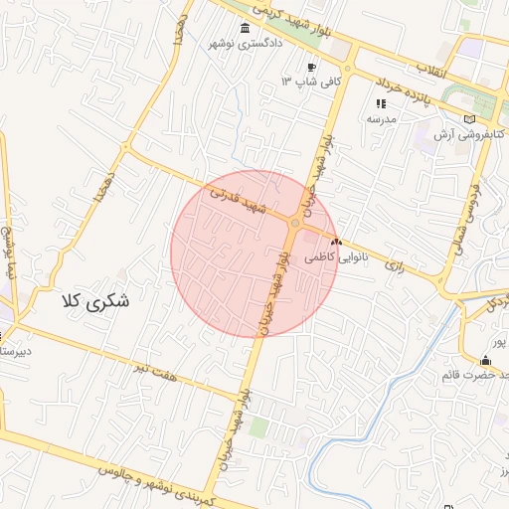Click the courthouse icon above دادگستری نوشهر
click(246, 28)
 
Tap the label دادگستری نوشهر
click(246, 44)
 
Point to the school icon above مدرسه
click(380, 103)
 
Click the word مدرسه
click(382, 118)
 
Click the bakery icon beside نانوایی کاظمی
click(336, 242)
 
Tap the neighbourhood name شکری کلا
click(95, 299)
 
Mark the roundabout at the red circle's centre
click(294, 223)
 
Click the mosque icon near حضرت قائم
click(485, 360)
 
